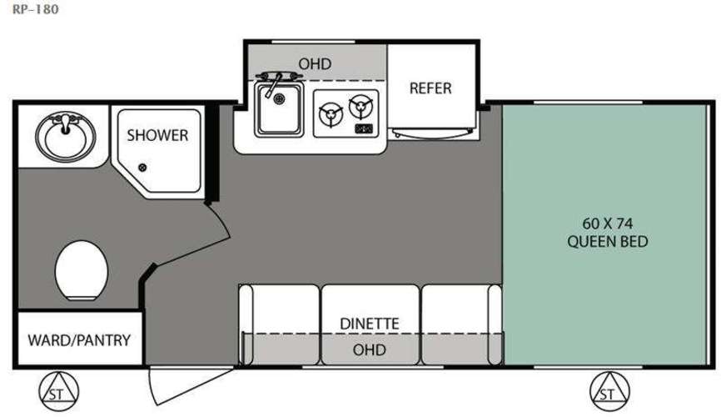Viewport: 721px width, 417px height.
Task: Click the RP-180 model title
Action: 36,9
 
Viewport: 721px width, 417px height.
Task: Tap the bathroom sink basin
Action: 66,138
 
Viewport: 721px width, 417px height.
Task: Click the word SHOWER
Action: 157,135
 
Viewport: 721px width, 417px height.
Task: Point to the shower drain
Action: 142,168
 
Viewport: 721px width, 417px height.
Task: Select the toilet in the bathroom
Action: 82,270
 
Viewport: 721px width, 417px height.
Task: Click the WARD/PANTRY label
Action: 79,340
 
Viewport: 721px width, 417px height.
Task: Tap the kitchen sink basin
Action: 279,109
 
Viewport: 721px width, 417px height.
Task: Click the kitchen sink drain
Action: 279,98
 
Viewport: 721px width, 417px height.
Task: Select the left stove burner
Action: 331,115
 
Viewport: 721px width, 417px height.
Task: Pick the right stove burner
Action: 361,107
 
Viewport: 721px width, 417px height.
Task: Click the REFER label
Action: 430,88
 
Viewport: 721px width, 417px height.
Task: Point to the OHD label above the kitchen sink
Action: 315,63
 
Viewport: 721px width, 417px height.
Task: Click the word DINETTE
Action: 370,324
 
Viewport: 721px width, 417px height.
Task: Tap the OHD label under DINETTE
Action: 369,349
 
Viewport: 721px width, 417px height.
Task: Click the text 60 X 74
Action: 608,224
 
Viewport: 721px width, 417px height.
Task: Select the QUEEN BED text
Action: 608,242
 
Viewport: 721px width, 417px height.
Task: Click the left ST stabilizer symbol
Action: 58,392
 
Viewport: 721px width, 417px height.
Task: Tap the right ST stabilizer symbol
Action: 609,392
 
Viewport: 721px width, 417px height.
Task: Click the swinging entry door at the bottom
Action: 184,384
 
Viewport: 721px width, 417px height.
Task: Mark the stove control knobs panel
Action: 364,128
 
